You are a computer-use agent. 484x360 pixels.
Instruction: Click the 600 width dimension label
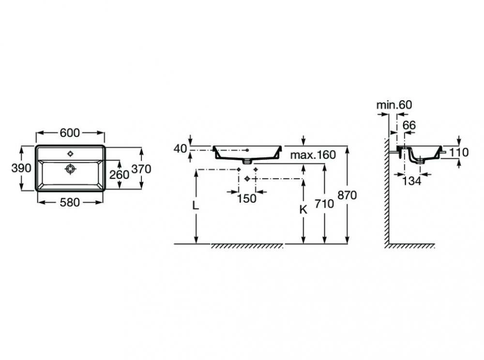tap(70, 133)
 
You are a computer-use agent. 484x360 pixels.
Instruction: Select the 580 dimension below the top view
tap(70, 203)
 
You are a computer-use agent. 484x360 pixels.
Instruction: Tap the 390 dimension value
tap(21, 168)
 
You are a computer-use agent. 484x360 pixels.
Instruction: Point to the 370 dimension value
tap(141, 169)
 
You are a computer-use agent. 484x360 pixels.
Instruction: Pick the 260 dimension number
tap(119, 175)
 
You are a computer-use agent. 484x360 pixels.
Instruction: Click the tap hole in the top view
tap(71, 153)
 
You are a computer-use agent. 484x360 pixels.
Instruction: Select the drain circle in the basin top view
tap(71, 169)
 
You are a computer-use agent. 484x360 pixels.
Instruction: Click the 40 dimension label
tap(180, 149)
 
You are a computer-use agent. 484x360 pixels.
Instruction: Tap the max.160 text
tap(313, 154)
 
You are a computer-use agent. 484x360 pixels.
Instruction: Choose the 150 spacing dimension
tap(247, 199)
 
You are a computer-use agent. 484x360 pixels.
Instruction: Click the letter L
tap(195, 205)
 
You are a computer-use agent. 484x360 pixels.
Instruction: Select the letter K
tap(303, 210)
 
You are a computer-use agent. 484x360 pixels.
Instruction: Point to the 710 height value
tap(324, 204)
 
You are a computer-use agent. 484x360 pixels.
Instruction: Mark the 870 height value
tap(347, 195)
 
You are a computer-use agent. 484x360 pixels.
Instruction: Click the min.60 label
tap(394, 105)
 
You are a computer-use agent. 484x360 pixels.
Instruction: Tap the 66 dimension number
tap(409, 125)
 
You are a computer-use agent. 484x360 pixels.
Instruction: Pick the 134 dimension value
tap(412, 181)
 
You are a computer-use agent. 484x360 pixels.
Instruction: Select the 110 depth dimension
tap(459, 152)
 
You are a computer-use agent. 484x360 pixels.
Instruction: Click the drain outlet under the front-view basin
tap(247, 161)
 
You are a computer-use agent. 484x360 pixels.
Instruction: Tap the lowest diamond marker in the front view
tap(247, 179)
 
